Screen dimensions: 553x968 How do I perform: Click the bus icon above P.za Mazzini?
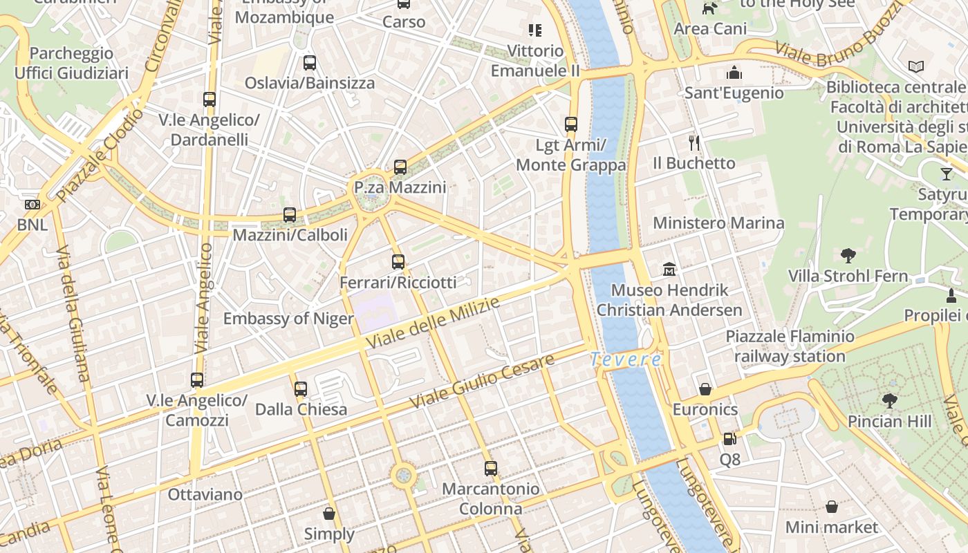point(400,167)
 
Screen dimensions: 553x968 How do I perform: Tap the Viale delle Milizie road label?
point(433,324)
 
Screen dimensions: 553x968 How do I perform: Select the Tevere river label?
point(626,359)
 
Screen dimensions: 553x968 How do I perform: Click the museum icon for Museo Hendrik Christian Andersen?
point(669,269)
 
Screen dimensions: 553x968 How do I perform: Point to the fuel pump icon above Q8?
point(729,439)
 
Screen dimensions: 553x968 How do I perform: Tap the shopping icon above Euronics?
point(705,389)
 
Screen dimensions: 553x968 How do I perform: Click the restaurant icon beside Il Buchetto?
point(694,143)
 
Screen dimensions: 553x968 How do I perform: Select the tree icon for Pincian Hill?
point(890,400)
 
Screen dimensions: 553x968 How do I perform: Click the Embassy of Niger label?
point(288,319)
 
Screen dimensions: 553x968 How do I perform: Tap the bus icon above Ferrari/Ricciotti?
point(398,262)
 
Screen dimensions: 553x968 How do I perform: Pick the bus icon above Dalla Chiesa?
point(301,389)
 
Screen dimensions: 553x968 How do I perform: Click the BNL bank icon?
point(32,205)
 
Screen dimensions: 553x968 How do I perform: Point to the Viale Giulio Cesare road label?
point(482,381)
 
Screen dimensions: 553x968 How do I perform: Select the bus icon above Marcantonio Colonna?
point(491,469)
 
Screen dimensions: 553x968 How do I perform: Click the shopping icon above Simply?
point(329,514)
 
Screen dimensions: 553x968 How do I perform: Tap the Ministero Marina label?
point(718,223)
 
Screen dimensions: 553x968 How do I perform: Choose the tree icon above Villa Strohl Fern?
point(848,256)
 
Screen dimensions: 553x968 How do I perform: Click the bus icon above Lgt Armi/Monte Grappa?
point(571,124)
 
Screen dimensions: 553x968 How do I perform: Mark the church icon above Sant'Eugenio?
point(734,73)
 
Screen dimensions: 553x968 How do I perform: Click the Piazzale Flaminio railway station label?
point(790,346)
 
